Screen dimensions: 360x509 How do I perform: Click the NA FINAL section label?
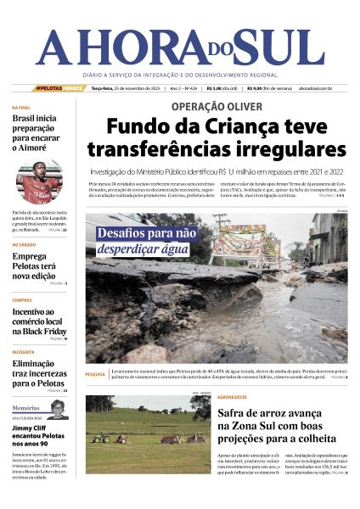coord(22,108)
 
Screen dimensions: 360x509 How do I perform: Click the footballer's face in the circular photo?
coord(38,178)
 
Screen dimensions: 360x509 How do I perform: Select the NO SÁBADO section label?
coord(24,244)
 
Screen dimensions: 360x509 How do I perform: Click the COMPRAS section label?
coord(22,300)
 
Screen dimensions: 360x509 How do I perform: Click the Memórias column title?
coord(26,408)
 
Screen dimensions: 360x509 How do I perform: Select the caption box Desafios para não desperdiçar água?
coord(147,241)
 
